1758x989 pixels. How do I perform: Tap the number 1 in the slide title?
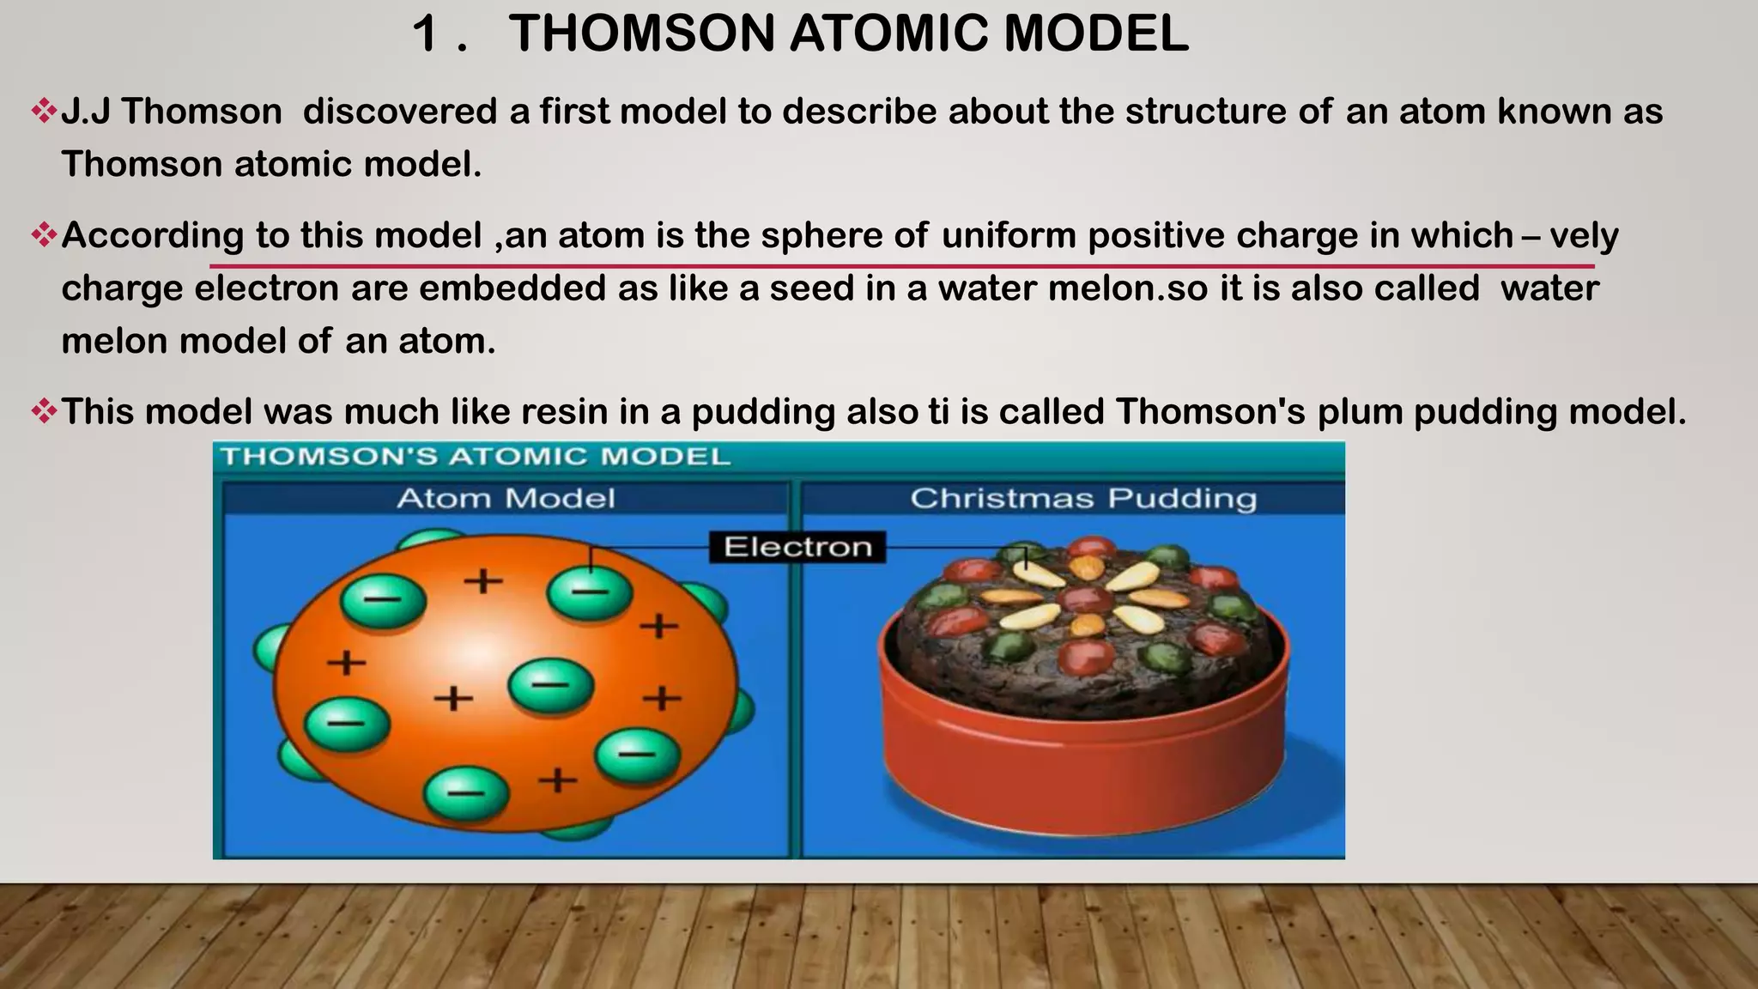(x=427, y=34)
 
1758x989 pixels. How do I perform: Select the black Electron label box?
(x=797, y=547)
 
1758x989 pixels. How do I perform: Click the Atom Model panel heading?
(x=506, y=498)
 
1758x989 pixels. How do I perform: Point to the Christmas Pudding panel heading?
(x=1083, y=498)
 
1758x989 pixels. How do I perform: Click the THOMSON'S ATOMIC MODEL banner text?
(x=476, y=456)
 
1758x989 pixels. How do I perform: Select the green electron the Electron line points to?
(x=590, y=593)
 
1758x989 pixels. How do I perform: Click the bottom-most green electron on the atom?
(x=466, y=792)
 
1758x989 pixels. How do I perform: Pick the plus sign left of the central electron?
(x=453, y=699)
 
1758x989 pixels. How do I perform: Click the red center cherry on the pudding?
(x=1085, y=598)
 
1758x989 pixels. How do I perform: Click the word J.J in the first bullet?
(x=85, y=112)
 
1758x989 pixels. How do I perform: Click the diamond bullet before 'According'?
(x=43, y=234)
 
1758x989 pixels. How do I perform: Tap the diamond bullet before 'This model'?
(x=43, y=411)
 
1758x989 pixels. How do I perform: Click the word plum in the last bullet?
(x=1360, y=412)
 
